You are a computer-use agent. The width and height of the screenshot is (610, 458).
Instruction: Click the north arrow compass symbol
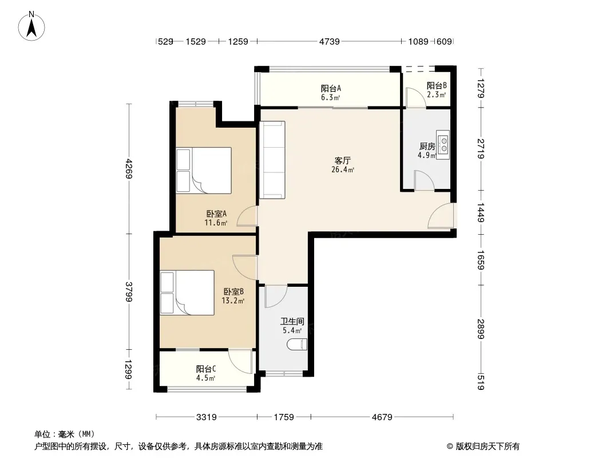coord(31,26)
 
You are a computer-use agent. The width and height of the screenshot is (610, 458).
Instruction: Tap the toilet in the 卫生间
coord(297,344)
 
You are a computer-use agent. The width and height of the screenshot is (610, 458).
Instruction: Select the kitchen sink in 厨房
coord(443,145)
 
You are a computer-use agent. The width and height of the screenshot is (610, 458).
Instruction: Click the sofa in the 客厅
coord(272,160)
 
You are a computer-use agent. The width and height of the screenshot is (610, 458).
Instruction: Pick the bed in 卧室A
coord(204,171)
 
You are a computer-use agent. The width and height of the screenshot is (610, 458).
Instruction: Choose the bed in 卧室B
coord(187,293)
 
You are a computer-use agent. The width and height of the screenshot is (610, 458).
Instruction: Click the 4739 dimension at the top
coord(329,41)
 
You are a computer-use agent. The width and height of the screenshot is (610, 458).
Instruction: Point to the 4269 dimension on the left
coord(129,168)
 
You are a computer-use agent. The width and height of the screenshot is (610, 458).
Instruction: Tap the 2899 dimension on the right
coord(481,329)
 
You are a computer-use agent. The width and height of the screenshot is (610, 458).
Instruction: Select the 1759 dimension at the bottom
coord(284,417)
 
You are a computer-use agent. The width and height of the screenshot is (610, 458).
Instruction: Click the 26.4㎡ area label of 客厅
coord(343,169)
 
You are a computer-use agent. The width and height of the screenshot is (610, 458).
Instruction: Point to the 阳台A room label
coord(331,88)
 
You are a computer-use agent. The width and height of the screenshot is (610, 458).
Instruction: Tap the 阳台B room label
coord(437,86)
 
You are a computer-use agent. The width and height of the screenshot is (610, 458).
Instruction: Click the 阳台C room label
coord(206,369)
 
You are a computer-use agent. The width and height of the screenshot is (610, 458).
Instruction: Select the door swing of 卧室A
coord(247,216)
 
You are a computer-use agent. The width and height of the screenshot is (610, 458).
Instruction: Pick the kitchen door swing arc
coord(425,180)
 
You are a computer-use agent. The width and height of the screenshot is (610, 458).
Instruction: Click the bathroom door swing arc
coord(276,297)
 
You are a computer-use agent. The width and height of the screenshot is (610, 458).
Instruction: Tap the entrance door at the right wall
coord(441,216)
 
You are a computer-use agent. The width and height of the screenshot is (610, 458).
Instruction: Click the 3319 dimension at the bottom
coord(206,417)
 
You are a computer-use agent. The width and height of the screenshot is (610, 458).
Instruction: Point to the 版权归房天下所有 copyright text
coord(488,447)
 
